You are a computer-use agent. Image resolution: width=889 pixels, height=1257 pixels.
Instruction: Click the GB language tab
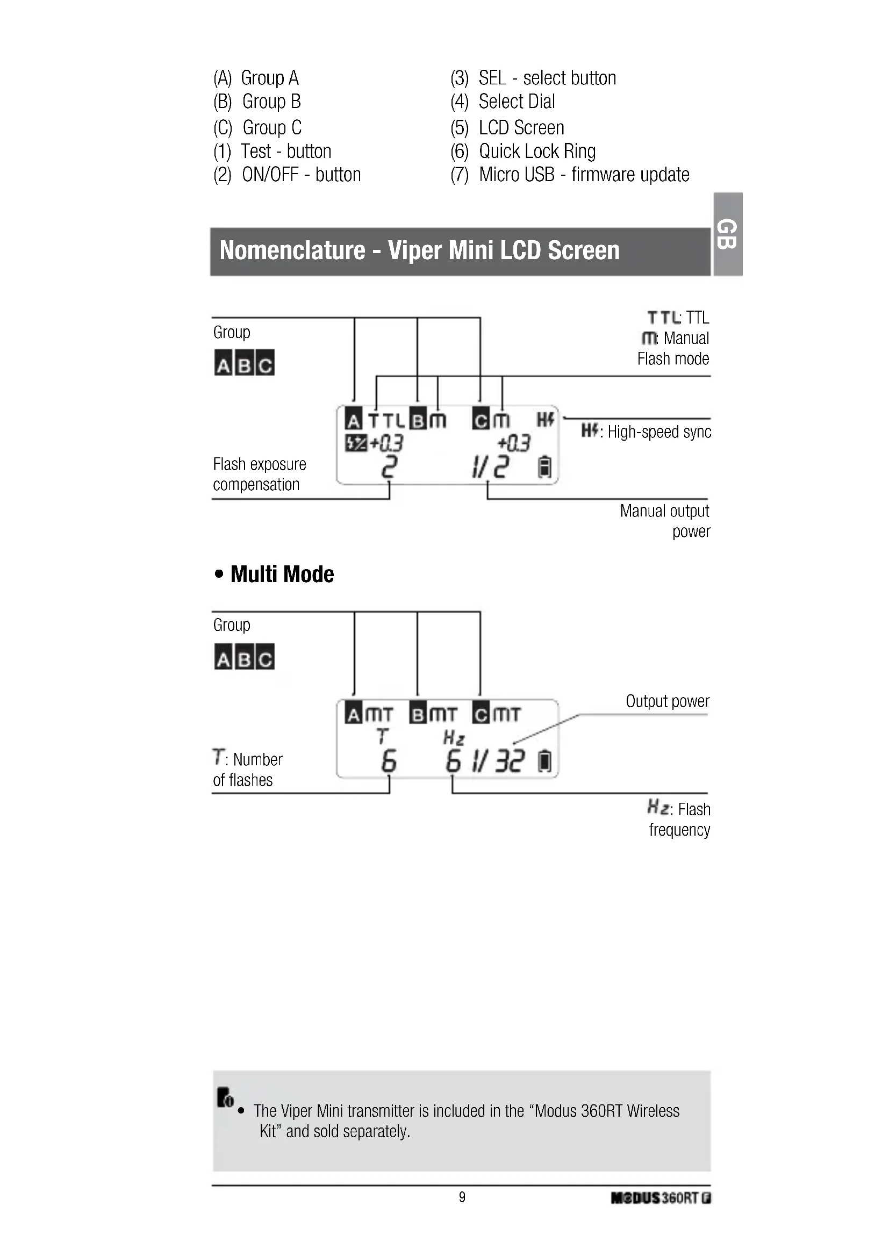[728, 234]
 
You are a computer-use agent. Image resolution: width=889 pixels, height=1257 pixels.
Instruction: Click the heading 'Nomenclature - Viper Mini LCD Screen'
[419, 251]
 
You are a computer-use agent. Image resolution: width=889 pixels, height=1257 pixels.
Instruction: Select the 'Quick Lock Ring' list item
[536, 151]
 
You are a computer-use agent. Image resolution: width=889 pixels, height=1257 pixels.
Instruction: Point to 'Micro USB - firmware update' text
[584, 175]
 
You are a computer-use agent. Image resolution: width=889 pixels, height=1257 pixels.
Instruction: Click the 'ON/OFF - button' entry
[301, 175]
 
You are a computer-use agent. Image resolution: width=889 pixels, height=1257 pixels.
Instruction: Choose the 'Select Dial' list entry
[516, 102]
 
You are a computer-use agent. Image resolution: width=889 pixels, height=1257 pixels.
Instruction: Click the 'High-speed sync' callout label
[658, 432]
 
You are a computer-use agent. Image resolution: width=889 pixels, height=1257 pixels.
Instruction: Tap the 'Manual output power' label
[664, 521]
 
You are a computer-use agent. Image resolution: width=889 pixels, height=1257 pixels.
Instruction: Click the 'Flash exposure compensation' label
[259, 474]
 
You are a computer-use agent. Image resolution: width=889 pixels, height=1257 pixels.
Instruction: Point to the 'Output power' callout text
[668, 701]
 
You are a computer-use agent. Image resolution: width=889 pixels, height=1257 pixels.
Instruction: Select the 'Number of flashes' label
[248, 769]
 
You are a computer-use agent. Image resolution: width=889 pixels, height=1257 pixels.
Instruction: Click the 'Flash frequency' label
[679, 820]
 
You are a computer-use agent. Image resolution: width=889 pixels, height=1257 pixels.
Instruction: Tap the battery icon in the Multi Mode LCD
[544, 762]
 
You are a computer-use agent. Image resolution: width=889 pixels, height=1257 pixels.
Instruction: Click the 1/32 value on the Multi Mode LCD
[498, 761]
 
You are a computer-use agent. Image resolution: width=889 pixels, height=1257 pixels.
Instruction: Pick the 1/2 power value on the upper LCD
[491, 467]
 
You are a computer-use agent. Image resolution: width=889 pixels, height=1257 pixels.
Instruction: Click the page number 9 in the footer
[462, 1197]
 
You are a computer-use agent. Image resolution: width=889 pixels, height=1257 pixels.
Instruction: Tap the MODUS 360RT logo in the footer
[660, 1198]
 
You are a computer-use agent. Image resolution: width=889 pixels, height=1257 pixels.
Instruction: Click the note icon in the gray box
[225, 1097]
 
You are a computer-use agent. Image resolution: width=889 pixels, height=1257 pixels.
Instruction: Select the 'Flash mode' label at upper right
[673, 359]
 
